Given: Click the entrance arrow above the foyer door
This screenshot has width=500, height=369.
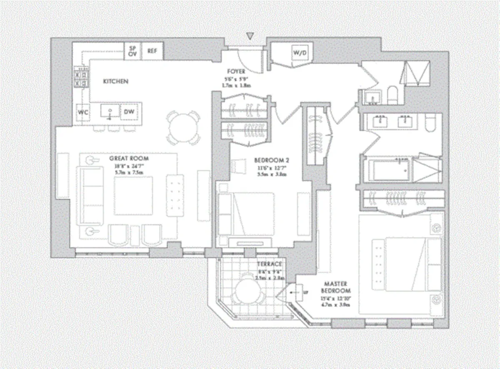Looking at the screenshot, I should coord(250,37).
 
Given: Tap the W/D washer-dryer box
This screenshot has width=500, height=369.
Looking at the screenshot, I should coord(299,53).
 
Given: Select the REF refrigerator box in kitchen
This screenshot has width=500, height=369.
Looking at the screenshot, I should coord(152,51).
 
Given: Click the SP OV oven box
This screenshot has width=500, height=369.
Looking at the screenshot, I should coord(133,51).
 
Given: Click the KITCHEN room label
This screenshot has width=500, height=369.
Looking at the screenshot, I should coord(115,81).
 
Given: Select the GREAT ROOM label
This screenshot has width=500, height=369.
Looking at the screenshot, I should coord(129,159).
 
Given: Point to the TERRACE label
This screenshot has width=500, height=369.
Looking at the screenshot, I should coord(269,264).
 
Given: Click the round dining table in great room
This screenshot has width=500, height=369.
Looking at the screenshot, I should coord(183,127).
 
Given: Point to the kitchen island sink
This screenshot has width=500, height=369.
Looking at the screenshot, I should coord(110,112).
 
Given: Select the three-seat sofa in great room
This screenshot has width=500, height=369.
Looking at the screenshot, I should coord(92,196).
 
